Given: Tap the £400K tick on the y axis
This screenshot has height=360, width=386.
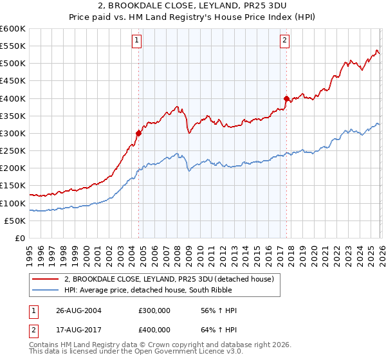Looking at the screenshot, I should point(13,98).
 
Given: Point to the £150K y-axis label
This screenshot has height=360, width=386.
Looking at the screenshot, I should point(13,186).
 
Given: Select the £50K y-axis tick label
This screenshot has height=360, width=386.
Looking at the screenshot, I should point(15,221).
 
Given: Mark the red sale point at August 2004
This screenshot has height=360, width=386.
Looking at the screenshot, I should point(138,133).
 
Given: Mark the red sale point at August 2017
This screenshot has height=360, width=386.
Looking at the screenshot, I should point(286,98).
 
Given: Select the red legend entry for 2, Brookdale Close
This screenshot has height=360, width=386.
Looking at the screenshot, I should point(169,278).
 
